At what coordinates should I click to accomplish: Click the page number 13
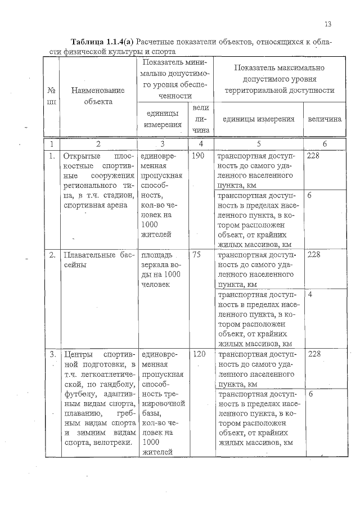click(328, 24)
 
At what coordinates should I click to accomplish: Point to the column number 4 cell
click(200, 144)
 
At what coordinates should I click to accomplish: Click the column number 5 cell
click(259, 144)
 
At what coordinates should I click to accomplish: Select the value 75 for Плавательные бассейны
click(197, 254)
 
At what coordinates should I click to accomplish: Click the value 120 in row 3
click(199, 354)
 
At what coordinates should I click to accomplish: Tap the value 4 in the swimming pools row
click(310, 294)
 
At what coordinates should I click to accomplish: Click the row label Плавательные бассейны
click(99, 259)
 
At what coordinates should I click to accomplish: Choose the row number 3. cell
click(52, 354)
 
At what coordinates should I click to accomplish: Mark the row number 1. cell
click(52, 156)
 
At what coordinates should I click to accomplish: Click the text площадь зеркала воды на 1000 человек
click(161, 269)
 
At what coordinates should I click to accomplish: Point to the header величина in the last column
click(325, 119)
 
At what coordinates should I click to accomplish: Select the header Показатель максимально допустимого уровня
click(279, 79)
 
